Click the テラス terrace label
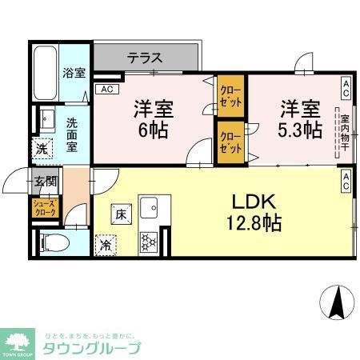[145, 58]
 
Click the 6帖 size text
[153, 130]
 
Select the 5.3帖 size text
[301, 130]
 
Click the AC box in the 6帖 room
[106, 90]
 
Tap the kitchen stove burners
[150, 242]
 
